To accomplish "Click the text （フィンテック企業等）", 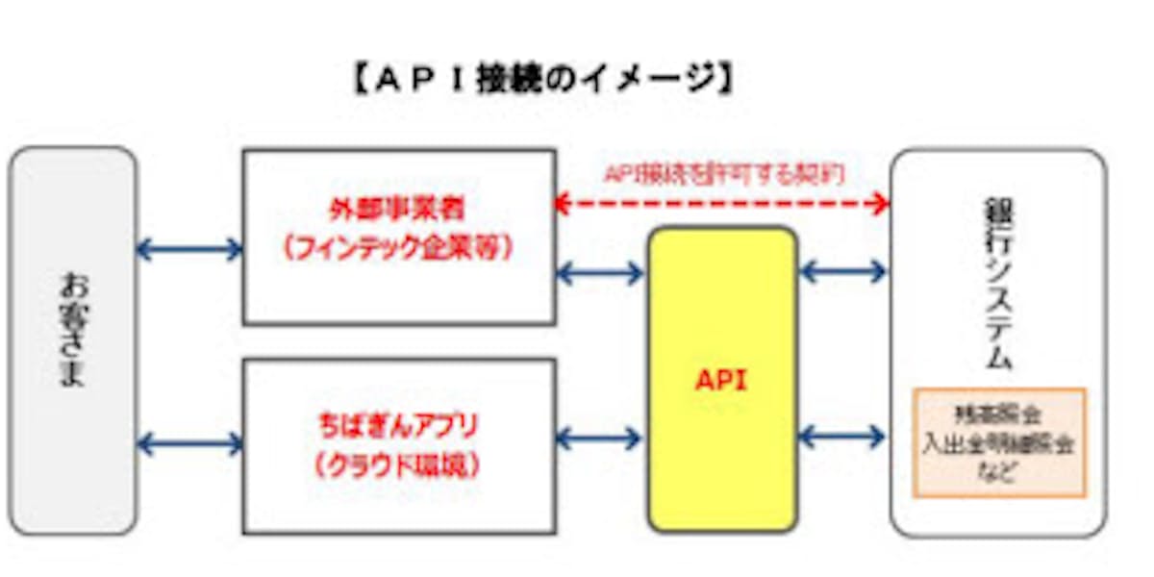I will [397, 248].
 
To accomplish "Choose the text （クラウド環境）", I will [397, 464].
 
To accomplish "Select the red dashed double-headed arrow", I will [722, 203].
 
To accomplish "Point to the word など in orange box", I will [998, 472].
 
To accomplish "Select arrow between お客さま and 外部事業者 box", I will [189, 250].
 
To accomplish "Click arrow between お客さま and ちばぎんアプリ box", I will [189, 443].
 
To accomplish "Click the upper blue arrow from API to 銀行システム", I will [843, 272].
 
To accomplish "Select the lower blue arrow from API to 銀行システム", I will [843, 438].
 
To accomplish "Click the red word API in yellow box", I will [721, 380].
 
